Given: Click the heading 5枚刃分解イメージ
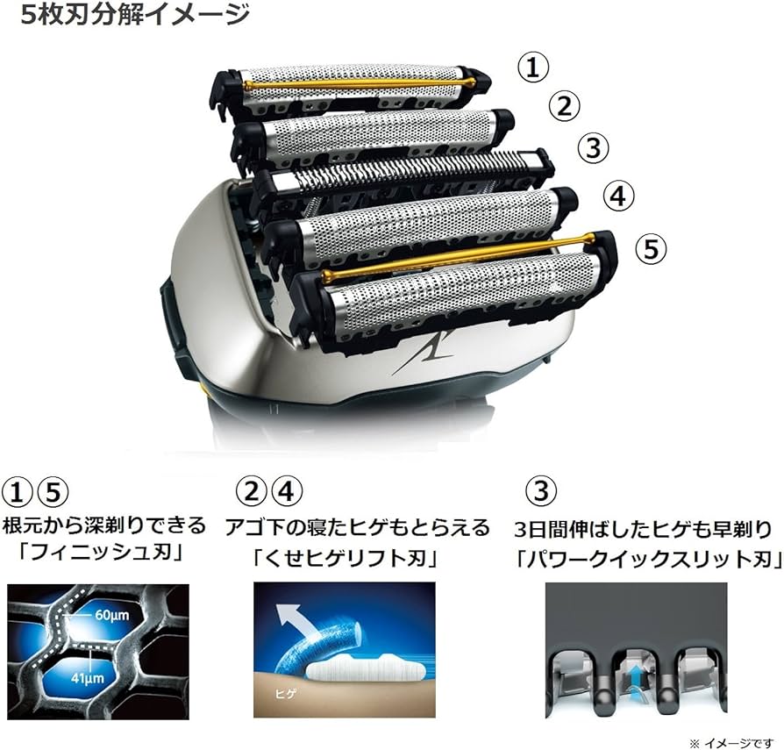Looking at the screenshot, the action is coord(135,14).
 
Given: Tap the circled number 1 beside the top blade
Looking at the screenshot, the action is coord(533,67).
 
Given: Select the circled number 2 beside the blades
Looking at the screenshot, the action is coord(565,106).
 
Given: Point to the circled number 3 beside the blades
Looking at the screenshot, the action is coord(594,148).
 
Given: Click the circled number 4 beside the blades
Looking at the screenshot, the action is coord(618,196).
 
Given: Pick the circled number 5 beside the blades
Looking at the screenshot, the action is coord(651,248).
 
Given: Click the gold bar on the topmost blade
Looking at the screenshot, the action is coord(358,83).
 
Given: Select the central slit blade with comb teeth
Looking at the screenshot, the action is coord(400,173).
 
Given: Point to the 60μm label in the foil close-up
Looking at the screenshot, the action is coord(111,615).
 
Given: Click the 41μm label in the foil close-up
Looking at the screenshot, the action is coord(88,678).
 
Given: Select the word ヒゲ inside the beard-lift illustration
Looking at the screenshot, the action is coord(286,694).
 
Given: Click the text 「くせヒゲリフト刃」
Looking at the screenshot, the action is coord(345,559).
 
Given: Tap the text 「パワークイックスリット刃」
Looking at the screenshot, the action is coord(648,559).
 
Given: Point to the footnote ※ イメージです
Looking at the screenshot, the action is coord(731,743).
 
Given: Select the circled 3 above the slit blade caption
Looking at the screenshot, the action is coord(541,490).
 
